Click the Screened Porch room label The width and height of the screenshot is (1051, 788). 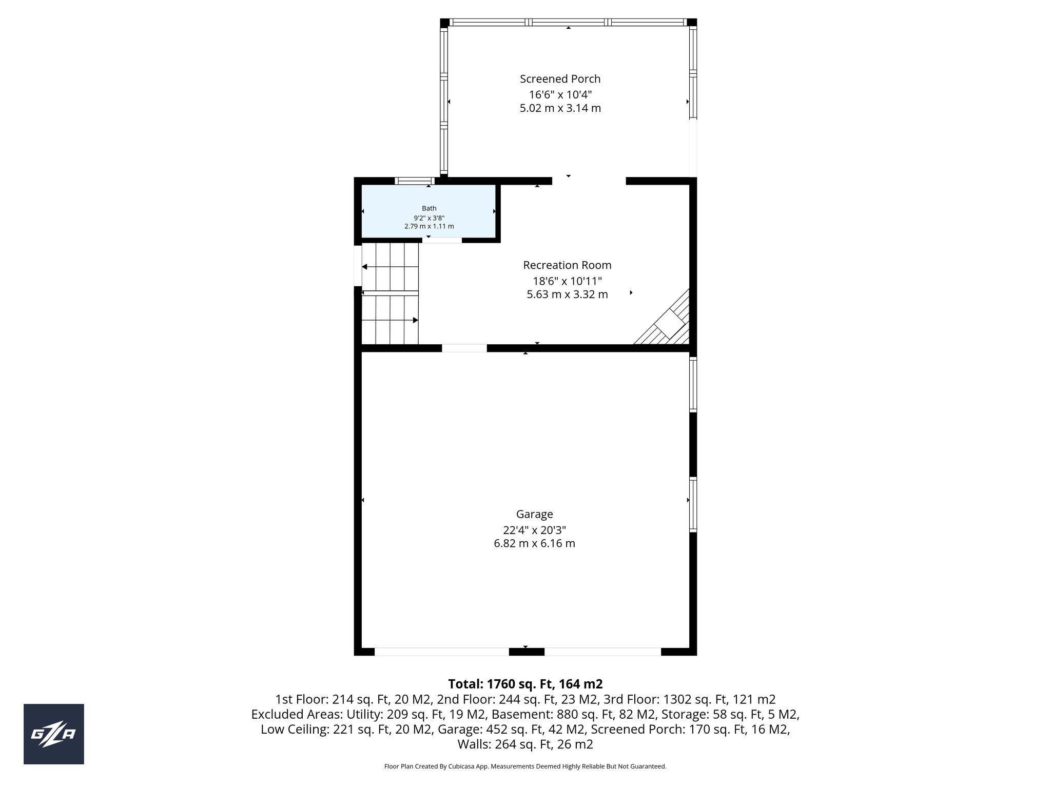coord(560,79)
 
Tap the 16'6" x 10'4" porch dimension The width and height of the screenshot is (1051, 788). coord(560,95)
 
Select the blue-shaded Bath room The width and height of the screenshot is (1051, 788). coord(429,211)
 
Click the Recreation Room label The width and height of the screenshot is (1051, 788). coord(567,265)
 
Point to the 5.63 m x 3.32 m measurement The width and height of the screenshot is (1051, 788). coord(567,294)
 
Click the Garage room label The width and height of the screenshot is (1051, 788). coord(534,514)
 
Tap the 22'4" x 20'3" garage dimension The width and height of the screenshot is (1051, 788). coord(534,530)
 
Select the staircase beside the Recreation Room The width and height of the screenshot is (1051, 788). coord(390,293)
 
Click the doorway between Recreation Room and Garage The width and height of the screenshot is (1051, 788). coord(464,348)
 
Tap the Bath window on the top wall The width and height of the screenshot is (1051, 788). coord(415,181)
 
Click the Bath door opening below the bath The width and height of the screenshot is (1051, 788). coord(442,240)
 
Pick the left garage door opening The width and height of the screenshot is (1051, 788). coord(441,652)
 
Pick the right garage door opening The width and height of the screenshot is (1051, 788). coord(602,652)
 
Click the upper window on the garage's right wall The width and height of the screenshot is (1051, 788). coord(693,385)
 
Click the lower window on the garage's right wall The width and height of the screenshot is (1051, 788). coord(693,505)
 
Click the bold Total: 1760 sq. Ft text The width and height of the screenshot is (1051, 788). coord(525,684)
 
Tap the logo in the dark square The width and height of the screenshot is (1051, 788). coord(53,734)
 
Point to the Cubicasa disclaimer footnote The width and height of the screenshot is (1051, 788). coord(525,766)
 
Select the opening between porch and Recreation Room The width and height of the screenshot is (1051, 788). coord(589,181)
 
